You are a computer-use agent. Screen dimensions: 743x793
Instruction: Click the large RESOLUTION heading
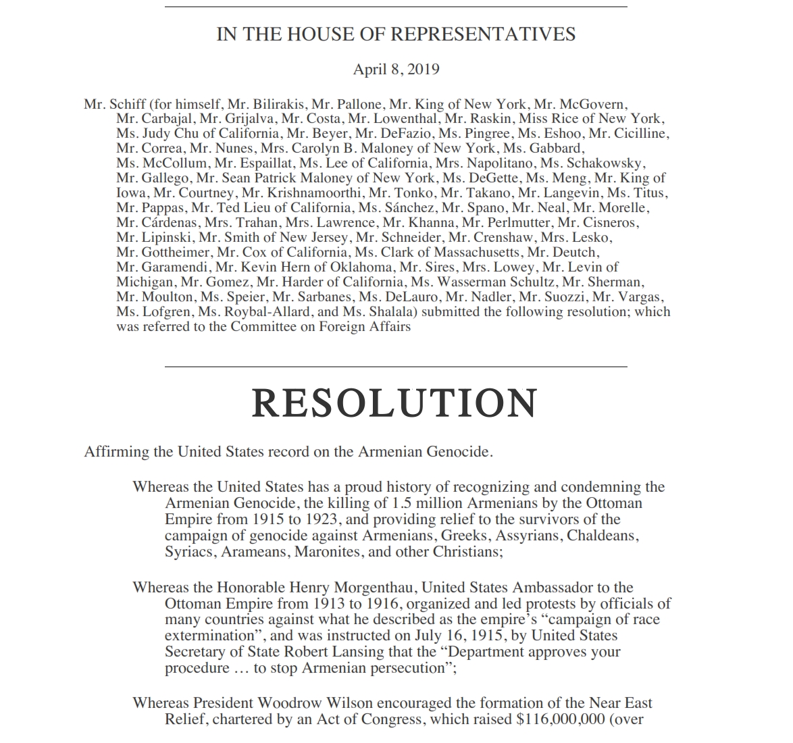click(394, 403)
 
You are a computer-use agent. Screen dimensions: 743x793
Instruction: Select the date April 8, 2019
click(396, 69)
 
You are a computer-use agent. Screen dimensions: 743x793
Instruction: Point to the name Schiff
click(126, 104)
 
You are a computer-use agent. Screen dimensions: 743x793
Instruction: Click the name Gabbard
click(557, 149)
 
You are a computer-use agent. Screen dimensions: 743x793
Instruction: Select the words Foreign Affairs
click(369, 327)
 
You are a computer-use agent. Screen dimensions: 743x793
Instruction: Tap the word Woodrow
click(278, 703)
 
